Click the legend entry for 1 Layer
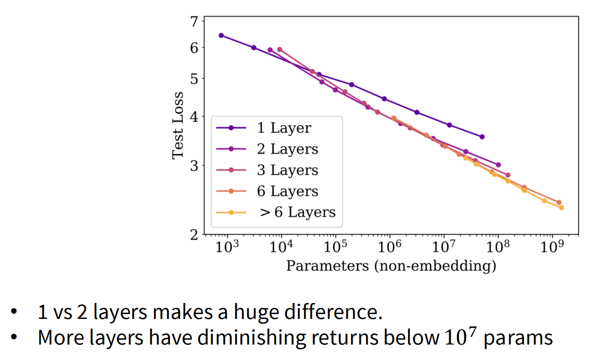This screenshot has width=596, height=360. [x=284, y=128]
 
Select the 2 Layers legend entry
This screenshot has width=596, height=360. [x=287, y=149]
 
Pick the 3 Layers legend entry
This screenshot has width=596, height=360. [x=287, y=170]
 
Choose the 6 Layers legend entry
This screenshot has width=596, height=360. [x=287, y=191]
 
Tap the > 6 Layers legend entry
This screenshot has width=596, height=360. [x=298, y=212]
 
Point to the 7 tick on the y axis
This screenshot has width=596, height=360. [x=194, y=22]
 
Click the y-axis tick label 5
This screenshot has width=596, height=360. [x=194, y=78]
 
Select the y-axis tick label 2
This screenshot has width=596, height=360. [x=194, y=235]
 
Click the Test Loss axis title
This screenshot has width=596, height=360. [x=178, y=125]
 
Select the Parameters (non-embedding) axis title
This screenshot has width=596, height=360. [x=391, y=265]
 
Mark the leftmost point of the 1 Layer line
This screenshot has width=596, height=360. [x=221, y=35]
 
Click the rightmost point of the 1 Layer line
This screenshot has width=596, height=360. [x=482, y=137]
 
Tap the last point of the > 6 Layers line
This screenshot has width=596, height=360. [x=561, y=208]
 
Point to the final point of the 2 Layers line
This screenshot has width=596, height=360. [x=498, y=165]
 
